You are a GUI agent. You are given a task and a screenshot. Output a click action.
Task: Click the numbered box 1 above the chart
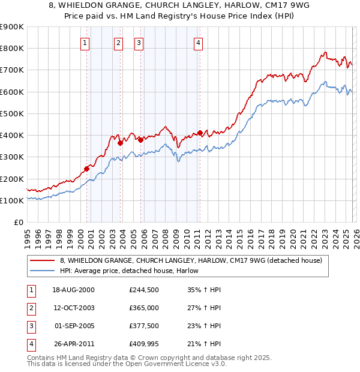(85, 43)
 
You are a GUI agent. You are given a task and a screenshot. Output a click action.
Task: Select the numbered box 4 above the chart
(197, 43)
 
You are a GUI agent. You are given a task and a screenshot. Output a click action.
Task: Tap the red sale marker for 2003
(121, 143)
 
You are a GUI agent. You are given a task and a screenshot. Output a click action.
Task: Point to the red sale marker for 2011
(200, 133)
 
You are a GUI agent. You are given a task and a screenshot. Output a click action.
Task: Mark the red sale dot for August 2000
(86, 169)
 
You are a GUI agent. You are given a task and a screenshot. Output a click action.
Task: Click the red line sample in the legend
(42, 260)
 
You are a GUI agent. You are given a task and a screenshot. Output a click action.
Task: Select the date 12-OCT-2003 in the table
(74, 308)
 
